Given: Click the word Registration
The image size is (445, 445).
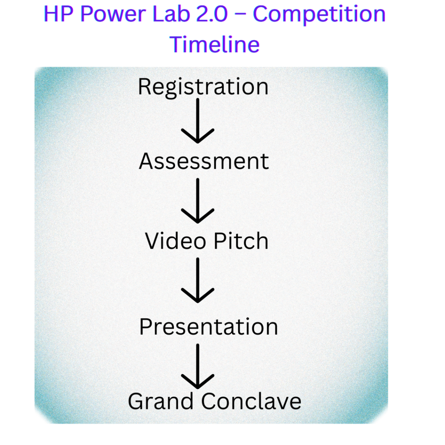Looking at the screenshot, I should point(203,86).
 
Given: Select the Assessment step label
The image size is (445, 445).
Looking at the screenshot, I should point(204,162).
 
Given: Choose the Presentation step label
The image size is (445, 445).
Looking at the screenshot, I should point(209,326).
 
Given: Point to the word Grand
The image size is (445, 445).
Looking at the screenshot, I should point(161,402).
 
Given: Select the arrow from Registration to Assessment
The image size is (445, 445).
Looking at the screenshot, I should point(198,120).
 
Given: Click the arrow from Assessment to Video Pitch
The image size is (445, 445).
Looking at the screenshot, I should point(198,200).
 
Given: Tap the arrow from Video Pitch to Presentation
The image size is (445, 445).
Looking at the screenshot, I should point(198,280).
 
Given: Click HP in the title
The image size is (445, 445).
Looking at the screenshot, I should point(59,14).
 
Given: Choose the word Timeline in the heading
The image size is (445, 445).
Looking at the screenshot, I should point(215,44).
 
